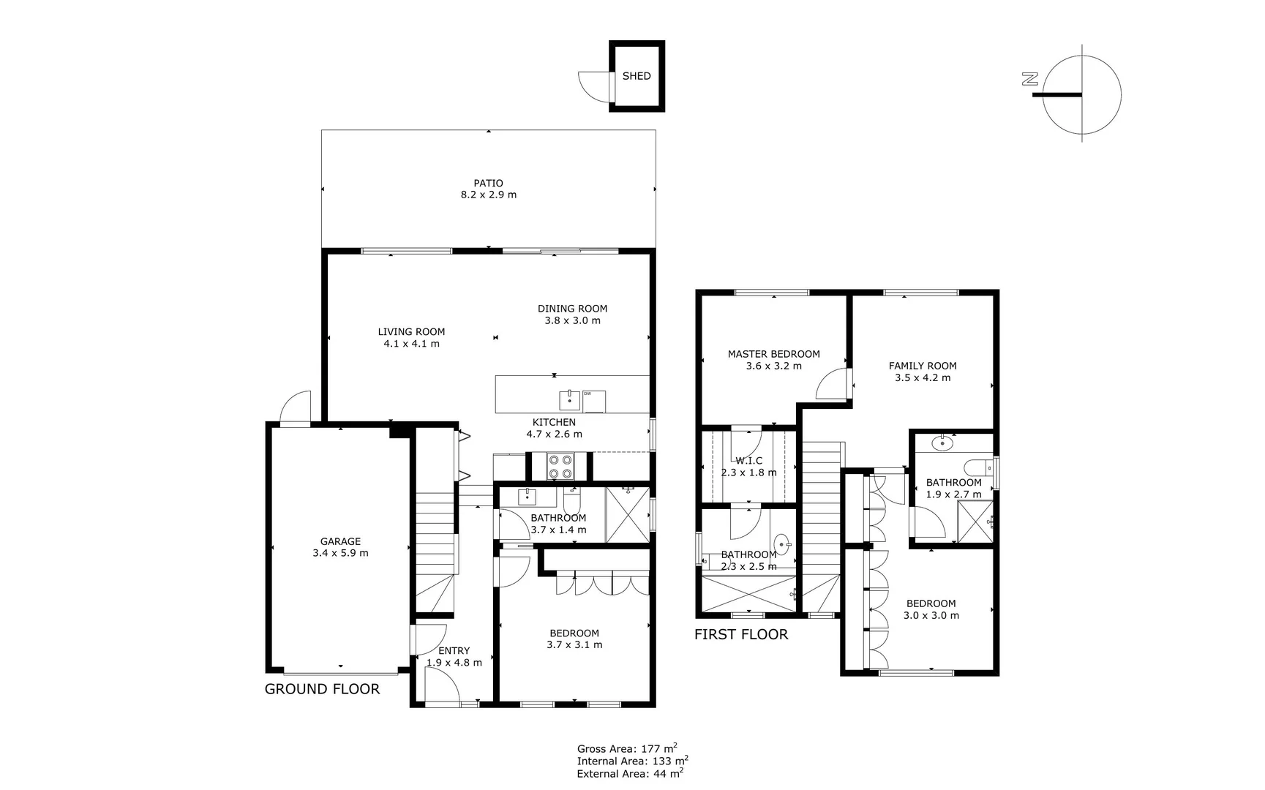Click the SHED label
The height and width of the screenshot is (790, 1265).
636,76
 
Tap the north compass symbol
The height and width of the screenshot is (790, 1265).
1081,94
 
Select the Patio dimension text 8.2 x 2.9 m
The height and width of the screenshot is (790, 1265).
488,195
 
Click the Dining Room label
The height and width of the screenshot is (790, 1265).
572,309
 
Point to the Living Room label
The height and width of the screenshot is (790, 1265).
411,331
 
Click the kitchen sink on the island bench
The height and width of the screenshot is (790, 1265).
569,400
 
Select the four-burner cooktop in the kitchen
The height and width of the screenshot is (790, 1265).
561,467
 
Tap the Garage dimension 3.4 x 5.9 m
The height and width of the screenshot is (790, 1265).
340,554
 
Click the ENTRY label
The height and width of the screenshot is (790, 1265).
454,651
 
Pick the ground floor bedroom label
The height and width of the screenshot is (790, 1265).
574,633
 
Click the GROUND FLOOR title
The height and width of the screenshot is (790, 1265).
322,689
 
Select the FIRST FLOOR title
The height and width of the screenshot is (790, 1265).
741,635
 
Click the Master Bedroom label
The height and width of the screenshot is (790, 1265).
773,354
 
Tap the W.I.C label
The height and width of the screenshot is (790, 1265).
748,461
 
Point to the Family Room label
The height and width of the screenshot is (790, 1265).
923,366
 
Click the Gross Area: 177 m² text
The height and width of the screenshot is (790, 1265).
627,748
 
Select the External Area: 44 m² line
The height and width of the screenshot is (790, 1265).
630,773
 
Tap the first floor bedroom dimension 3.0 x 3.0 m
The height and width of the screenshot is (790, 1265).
931,616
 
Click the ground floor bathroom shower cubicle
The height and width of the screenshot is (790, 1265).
627,514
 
